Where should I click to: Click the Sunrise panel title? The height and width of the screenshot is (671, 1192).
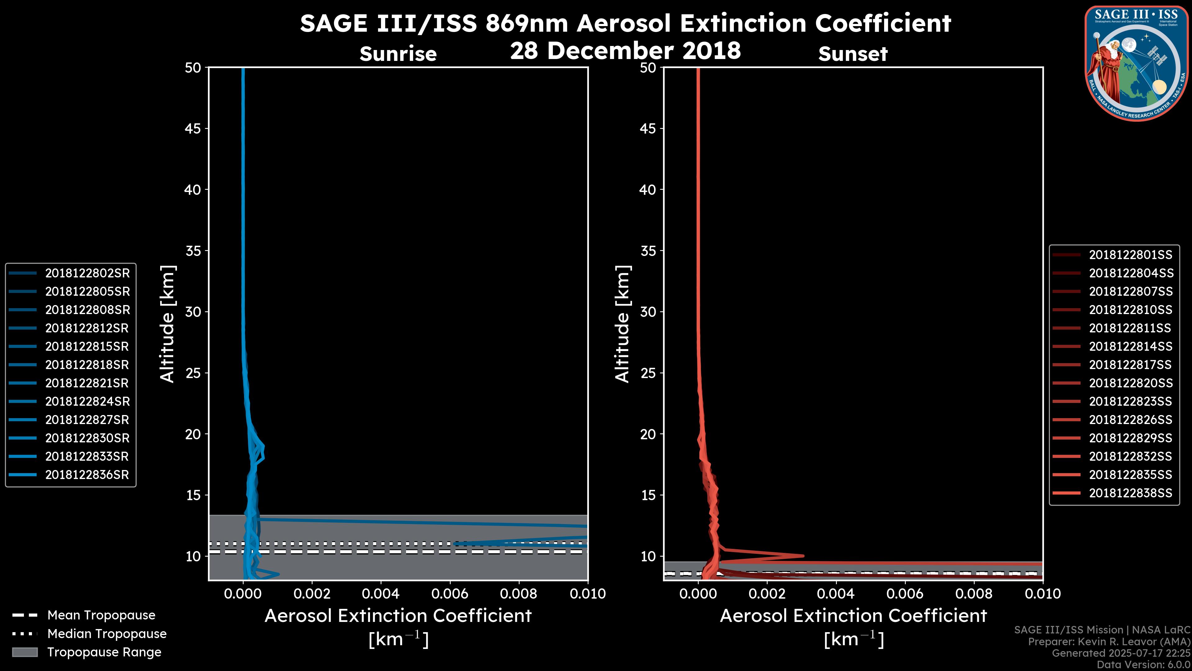click(x=398, y=54)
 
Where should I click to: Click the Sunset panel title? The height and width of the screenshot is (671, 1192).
click(x=853, y=54)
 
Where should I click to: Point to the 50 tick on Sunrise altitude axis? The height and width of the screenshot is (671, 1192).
click(x=193, y=68)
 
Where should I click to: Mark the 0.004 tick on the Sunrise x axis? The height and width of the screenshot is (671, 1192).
click(x=381, y=594)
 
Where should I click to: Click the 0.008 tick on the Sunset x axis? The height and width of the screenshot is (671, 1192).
click(x=974, y=594)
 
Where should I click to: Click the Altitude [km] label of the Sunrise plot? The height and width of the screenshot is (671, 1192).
click(x=168, y=324)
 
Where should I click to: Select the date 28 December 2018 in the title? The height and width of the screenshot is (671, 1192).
click(x=625, y=50)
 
